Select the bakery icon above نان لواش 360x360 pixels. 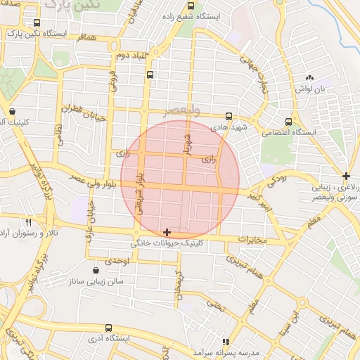pos(309,77)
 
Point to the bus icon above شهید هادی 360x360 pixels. pos(229,117)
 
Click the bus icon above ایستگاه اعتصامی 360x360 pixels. pos(288,121)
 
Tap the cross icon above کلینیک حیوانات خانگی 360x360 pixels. pos(167,232)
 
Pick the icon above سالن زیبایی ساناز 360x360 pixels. pos(96,269)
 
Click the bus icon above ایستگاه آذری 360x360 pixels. pos(108,328)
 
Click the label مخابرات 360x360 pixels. pos(253,240)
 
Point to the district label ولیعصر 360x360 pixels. pos(181,111)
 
